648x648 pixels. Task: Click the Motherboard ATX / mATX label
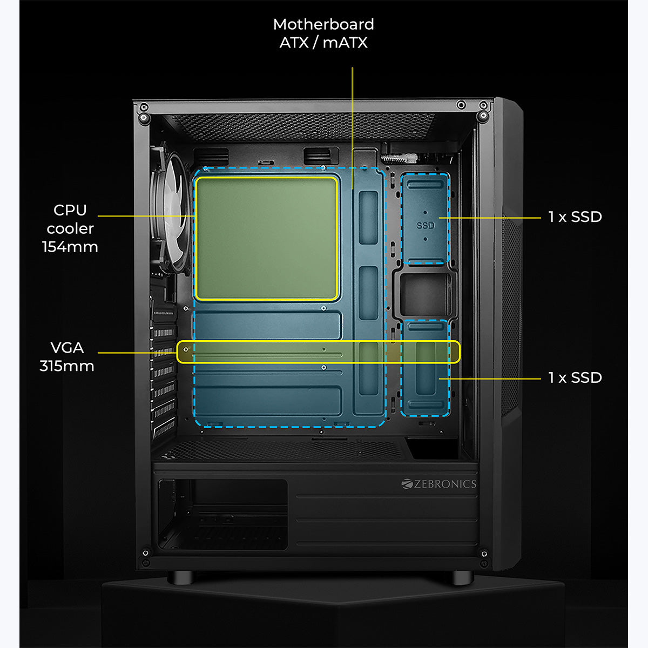pyautogui.click(x=323, y=33)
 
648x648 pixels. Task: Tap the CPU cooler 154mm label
pyautogui.click(x=70, y=228)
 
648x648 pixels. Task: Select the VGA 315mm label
pyautogui.click(x=67, y=357)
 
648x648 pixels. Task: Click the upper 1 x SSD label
pyautogui.click(x=575, y=217)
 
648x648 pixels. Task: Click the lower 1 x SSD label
pyautogui.click(x=575, y=377)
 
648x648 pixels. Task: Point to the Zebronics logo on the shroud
pyautogui.click(x=439, y=484)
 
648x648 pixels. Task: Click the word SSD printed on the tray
pyautogui.click(x=426, y=225)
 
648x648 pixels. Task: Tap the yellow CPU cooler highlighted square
pyautogui.click(x=266, y=238)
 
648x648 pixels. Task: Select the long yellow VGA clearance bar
pyautogui.click(x=319, y=352)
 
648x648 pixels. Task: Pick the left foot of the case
pyautogui.click(x=181, y=577)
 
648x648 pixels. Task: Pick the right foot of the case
pyautogui.click(x=463, y=577)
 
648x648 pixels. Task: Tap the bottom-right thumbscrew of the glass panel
pyautogui.click(x=484, y=553)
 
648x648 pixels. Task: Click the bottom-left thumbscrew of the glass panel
pyautogui.click(x=145, y=553)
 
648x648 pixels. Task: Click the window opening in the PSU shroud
pyautogui.click(x=222, y=513)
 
